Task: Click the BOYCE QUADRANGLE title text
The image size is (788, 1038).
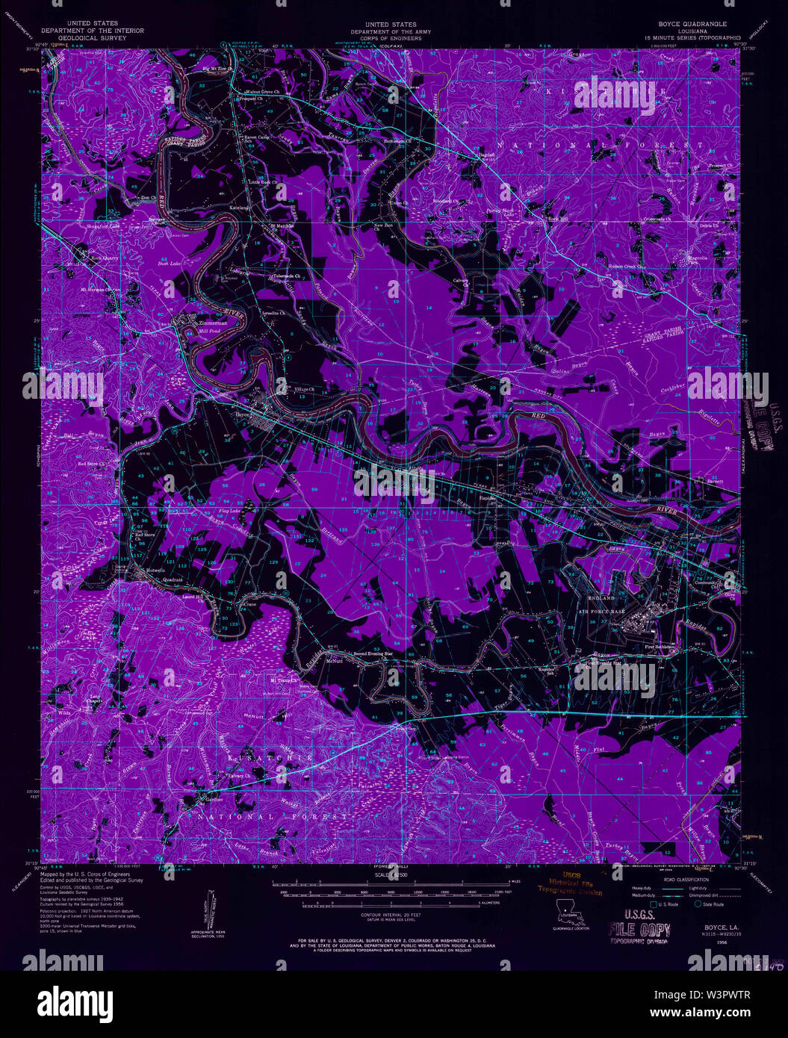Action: [x=691, y=24]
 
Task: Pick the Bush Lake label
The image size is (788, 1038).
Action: [x=169, y=264]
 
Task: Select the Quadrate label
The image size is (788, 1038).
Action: [x=172, y=579]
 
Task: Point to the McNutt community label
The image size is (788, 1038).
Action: [x=332, y=660]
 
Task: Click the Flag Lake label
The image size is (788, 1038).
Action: [x=229, y=511]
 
